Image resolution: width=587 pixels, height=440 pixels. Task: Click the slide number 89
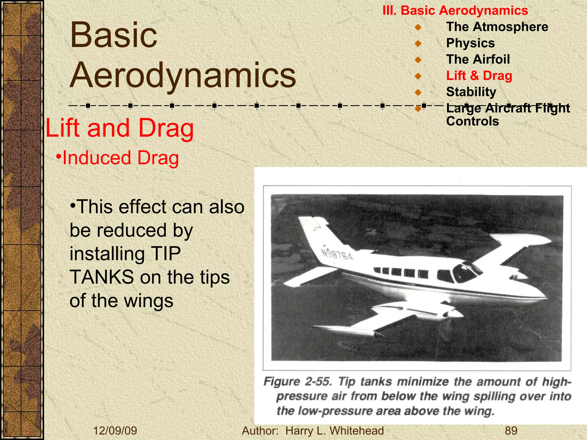pos(511,431)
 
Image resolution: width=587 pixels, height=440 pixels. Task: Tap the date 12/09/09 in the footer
pos(115,431)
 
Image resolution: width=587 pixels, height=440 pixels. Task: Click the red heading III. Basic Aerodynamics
pos(455,11)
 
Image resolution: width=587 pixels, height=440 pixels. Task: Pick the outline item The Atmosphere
pos(497,27)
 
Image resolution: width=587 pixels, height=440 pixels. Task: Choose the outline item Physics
pos(470,43)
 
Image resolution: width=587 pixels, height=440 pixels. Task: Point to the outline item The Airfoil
pos(478,60)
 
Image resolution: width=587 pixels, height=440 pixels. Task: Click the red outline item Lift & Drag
pos(479,76)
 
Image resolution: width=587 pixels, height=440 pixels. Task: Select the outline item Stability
pos(471,92)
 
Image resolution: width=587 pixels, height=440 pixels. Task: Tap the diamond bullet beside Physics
pos(418,44)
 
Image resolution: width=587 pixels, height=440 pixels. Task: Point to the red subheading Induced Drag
pos(120,158)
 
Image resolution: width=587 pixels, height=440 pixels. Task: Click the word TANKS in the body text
pos(102,277)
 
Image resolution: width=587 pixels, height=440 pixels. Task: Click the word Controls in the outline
pos(472,121)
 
